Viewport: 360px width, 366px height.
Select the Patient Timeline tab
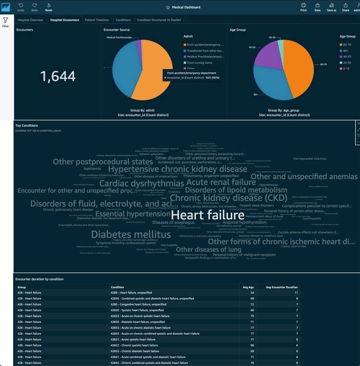(x=97, y=20)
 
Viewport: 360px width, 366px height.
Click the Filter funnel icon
(x=6, y=21)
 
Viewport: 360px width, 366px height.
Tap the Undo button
(x=21, y=6)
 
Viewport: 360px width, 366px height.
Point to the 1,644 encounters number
(x=58, y=76)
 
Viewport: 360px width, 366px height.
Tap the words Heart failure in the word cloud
(x=207, y=214)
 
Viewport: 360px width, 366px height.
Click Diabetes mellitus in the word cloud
(x=131, y=234)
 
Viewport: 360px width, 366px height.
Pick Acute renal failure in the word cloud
(x=221, y=182)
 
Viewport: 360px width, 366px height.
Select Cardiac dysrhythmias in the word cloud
(x=141, y=183)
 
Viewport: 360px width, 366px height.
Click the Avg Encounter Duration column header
(x=281, y=287)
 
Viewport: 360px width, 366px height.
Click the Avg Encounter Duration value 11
(x=295, y=293)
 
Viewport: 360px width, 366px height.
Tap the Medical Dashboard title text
(x=186, y=7)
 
